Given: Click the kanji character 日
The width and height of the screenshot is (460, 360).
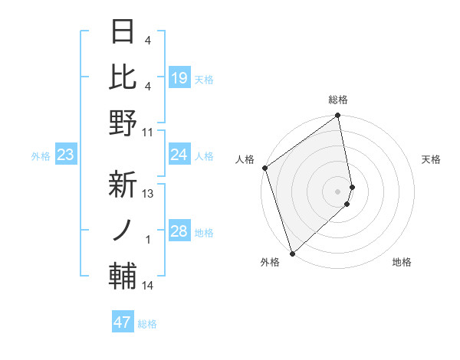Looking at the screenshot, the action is tap(123, 33).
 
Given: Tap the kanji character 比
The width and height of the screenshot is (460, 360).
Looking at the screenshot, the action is tap(123, 77).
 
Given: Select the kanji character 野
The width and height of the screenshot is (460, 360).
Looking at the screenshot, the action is tap(123, 123).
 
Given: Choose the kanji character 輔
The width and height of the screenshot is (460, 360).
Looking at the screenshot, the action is tap(123, 274).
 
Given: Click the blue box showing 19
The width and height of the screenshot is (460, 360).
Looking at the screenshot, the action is tap(179, 77).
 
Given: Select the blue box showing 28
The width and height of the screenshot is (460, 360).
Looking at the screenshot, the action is tap(179, 232).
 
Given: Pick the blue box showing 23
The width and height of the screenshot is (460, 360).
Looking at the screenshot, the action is tap(65, 155).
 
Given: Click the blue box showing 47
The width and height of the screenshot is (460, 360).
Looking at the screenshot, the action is tap(123, 322).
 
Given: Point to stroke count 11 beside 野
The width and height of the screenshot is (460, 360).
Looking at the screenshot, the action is tap(148, 132).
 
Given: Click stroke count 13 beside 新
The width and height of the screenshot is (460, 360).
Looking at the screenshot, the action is tap(148, 194).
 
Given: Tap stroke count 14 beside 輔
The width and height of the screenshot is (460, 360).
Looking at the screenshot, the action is tap(148, 286).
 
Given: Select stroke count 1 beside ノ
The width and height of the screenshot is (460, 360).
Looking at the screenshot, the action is tap(148, 240).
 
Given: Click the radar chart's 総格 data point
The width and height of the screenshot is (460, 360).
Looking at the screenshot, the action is tap(337, 116).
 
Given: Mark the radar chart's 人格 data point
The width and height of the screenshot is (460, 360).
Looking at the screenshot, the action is tap(264, 168).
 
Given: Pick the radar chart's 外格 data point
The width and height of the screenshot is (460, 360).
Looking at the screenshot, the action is tap(292, 252).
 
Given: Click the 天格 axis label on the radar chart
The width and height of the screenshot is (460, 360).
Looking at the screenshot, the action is tap(431, 159).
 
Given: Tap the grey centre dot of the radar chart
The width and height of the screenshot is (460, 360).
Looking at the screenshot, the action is tap(337, 190).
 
